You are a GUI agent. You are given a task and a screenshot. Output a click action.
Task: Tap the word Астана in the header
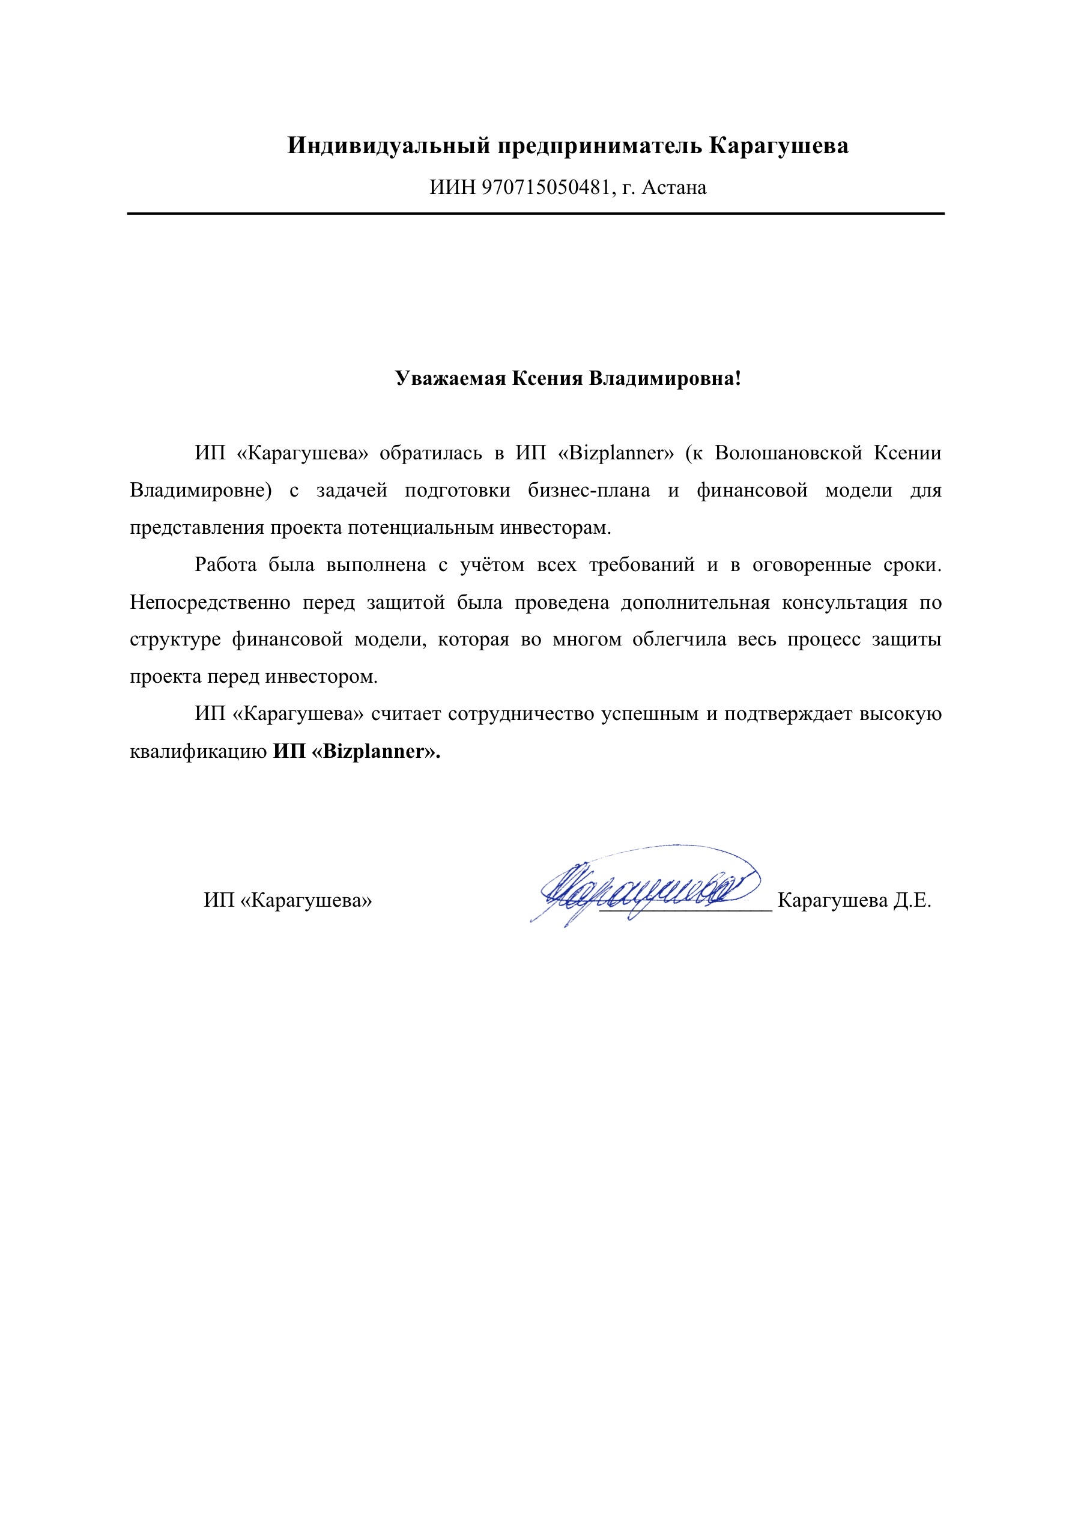pos(674,188)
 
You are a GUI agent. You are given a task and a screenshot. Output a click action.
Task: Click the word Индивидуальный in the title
pos(389,146)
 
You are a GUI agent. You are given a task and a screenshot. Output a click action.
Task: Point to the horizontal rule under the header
pos(535,214)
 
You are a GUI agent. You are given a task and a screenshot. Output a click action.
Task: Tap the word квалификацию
pos(198,752)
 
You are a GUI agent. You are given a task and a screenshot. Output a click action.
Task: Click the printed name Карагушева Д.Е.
pos(854,901)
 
